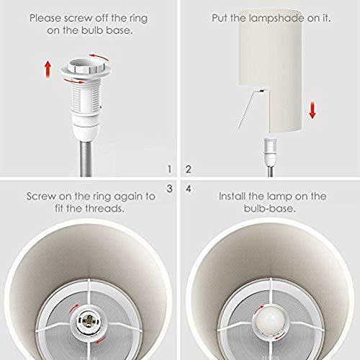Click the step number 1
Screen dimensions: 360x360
click(170, 169)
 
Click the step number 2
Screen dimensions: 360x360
click(189, 169)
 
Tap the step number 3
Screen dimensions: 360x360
click(170, 189)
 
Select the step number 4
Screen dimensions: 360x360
click(189, 189)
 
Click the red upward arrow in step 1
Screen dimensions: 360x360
click(48, 69)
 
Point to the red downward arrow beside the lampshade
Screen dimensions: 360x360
click(312, 110)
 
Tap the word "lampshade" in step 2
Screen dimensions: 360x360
click(277, 18)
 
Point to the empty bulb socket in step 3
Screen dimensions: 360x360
click(89, 321)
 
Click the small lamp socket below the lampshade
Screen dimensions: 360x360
click(270, 152)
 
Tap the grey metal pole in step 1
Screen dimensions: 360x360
click(86, 159)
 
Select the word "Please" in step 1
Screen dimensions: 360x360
click(45, 19)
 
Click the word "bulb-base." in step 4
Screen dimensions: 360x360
click(270, 208)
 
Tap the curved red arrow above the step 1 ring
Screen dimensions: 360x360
click(99, 57)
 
